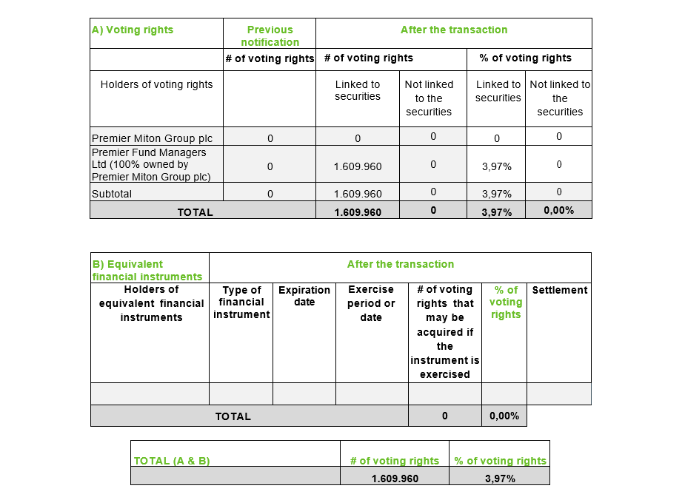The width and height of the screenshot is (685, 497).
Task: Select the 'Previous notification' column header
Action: pos(270,36)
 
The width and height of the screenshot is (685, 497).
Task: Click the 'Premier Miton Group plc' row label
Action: pos(141,138)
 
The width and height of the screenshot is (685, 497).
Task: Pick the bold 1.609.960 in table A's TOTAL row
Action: pos(358,212)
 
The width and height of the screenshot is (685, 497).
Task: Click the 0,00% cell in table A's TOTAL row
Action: pos(559,211)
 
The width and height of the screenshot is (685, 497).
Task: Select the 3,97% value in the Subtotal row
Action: pos(496,194)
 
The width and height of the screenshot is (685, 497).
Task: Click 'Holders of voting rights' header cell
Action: pos(156,84)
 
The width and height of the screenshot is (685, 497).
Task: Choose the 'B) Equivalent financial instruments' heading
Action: pos(147,270)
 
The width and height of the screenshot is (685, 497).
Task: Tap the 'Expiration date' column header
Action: pos(304,296)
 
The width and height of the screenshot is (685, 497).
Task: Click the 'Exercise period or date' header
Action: pos(371,303)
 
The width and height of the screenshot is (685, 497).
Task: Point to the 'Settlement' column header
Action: pos(560,290)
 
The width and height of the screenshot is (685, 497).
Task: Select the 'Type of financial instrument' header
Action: pos(241,302)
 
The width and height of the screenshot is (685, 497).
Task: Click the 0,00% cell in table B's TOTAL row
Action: pos(504,416)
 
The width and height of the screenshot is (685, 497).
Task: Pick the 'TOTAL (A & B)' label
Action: pos(172,461)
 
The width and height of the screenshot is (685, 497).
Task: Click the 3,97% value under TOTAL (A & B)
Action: pos(500,479)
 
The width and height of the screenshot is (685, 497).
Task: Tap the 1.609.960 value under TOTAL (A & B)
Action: pos(395,479)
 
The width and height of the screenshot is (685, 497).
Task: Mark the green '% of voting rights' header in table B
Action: pos(506,302)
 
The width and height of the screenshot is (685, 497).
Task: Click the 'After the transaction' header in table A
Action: pos(454,30)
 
